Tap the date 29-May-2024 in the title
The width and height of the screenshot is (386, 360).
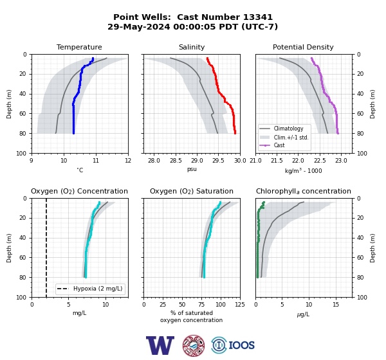click(x=138, y=26)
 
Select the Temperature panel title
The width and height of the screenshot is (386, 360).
click(x=79, y=47)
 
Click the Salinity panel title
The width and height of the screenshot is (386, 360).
click(x=192, y=47)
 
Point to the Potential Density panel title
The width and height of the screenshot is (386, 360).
click(x=303, y=47)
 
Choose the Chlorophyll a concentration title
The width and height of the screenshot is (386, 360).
click(x=303, y=191)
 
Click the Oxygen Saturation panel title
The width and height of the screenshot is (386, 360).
click(x=192, y=191)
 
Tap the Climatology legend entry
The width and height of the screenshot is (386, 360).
click(x=288, y=129)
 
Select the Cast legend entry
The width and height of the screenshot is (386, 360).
click(x=279, y=145)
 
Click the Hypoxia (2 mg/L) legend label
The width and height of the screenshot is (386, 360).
click(x=98, y=289)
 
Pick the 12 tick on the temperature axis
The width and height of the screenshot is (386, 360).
click(x=128, y=161)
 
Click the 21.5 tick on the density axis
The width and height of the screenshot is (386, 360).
click(x=277, y=161)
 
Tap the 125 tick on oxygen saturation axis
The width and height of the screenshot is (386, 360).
click(x=240, y=305)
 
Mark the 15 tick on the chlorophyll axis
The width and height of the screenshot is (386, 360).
click(x=336, y=305)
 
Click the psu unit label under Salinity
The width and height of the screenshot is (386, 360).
click(x=192, y=169)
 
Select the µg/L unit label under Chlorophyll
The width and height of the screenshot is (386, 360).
click(x=303, y=314)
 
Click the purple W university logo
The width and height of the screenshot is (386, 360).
click(x=160, y=345)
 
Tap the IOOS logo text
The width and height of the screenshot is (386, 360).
click(x=241, y=345)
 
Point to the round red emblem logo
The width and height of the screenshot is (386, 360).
click(x=194, y=345)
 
